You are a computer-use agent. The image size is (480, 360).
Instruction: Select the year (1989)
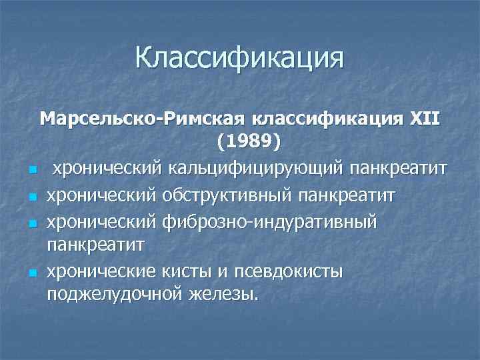coord(249,142)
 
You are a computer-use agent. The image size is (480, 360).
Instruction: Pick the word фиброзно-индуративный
coord(273,221)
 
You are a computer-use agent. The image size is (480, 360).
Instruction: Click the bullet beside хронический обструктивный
coord(32,197)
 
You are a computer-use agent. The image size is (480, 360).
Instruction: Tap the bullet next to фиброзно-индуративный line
coord(32,222)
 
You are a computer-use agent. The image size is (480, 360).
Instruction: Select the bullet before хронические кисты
coord(32,272)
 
